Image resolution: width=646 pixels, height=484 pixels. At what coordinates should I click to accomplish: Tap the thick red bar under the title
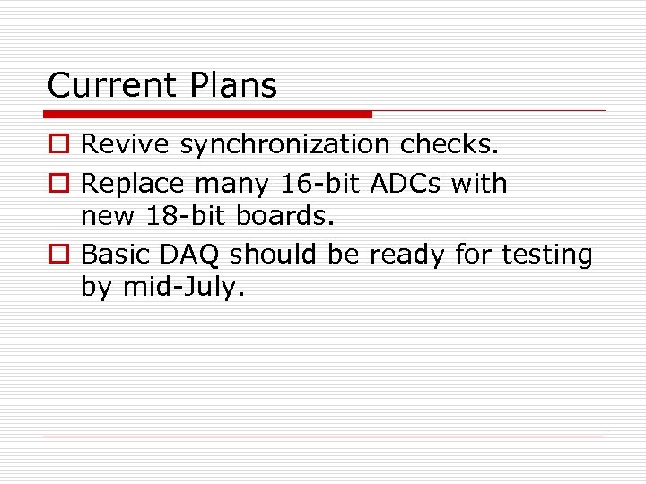click(207, 115)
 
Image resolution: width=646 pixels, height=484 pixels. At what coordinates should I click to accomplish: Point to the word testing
click(546, 255)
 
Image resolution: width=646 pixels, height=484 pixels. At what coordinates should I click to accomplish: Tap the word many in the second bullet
click(233, 185)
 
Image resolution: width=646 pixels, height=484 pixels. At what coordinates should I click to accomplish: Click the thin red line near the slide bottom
click(323, 436)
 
